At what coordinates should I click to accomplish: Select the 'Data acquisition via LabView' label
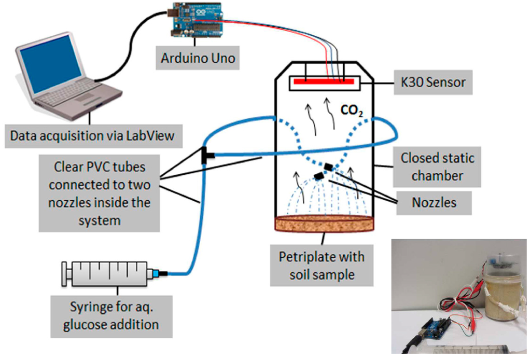point(92,136)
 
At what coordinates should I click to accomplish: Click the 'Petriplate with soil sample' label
point(322,265)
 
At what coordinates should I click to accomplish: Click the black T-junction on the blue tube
point(205,154)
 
